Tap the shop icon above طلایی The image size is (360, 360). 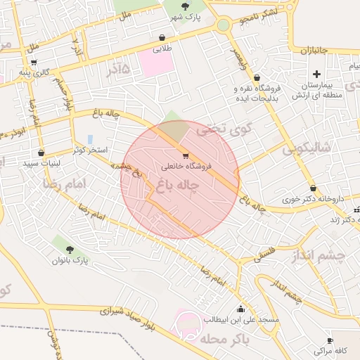163,38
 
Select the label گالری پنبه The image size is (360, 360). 34,72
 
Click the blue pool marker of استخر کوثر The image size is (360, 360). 90,139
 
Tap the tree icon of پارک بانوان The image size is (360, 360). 69,249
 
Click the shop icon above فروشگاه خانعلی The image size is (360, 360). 185,156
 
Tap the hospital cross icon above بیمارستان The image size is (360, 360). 316,74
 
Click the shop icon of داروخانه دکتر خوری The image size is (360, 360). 313,188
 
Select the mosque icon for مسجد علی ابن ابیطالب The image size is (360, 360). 241,309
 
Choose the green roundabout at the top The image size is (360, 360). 224,25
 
